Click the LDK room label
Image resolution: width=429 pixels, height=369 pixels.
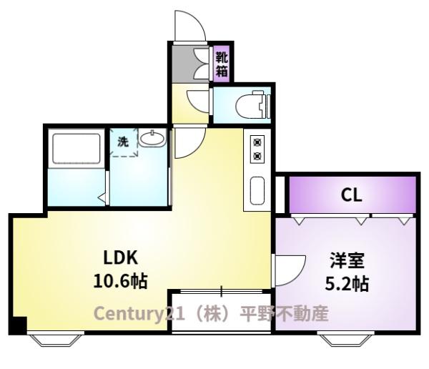[120, 257]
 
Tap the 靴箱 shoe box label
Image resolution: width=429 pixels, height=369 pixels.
[222, 63]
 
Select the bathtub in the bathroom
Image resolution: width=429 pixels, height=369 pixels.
[75, 149]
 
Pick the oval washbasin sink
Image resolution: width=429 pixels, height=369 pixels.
[152, 139]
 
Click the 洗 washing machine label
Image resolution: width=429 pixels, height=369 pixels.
[123, 142]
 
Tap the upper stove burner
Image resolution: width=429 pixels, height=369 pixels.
[257, 142]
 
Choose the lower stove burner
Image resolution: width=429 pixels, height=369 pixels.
[257, 156]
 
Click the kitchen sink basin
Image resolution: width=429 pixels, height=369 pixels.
[257, 190]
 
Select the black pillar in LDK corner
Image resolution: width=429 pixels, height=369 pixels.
[18, 325]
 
